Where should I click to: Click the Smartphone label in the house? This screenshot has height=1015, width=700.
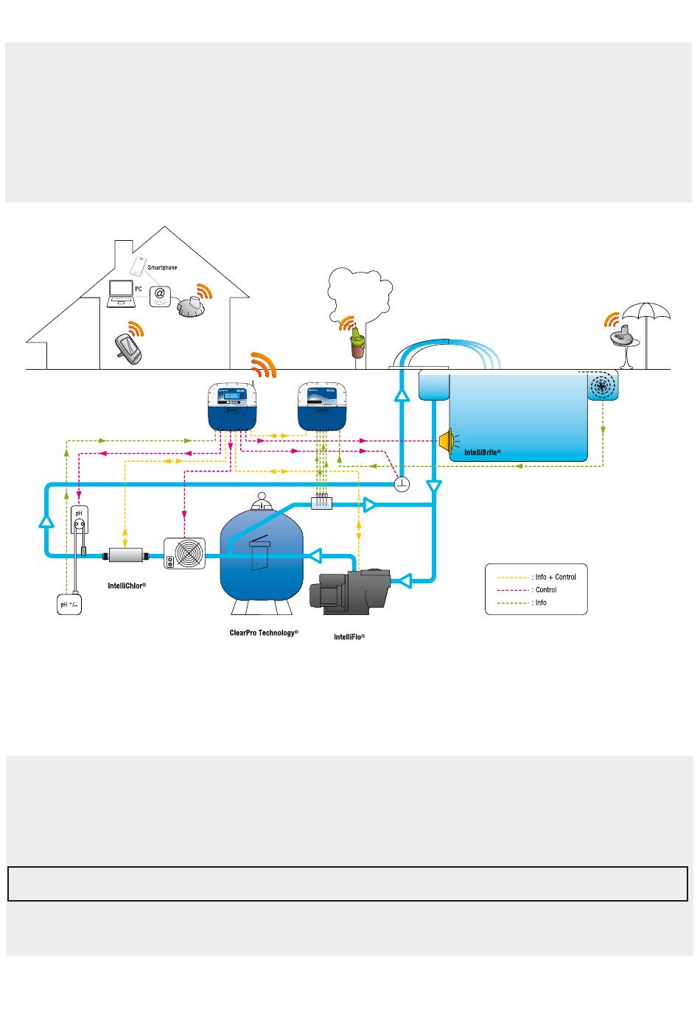[x=162, y=267]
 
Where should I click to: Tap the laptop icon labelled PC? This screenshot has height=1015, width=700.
[x=121, y=294]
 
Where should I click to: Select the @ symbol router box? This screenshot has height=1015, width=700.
[x=160, y=296]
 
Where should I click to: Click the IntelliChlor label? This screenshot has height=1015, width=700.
[x=127, y=586]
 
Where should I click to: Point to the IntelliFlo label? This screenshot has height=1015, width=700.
[x=349, y=636]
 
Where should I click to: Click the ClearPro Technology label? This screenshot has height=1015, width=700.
[x=263, y=633]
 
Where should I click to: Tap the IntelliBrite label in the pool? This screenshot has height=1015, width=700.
[x=483, y=452]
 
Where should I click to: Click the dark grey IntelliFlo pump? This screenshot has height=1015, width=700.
[x=349, y=591]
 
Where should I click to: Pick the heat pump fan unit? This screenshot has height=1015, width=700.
[x=184, y=553]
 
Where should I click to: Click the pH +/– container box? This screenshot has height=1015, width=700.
[x=69, y=604]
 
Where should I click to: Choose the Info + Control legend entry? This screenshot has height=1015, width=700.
[x=536, y=577]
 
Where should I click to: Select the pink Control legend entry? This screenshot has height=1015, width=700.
[x=526, y=589]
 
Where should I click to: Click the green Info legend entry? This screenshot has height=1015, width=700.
[x=522, y=603]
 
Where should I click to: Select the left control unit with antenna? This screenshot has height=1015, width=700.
[x=232, y=407]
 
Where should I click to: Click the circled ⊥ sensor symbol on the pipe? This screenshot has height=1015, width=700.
[x=402, y=484]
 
